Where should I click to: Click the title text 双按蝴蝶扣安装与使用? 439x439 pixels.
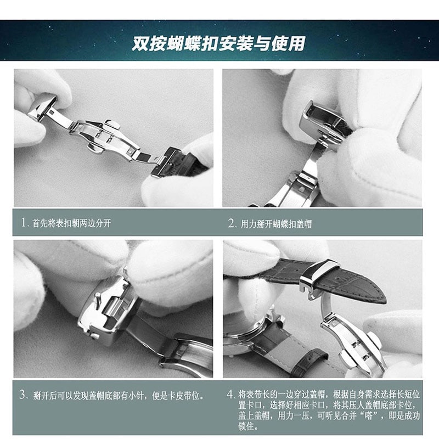tap(218, 43)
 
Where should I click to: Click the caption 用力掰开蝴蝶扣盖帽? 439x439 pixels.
tap(276, 224)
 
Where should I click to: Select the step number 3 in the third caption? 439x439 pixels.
tap(22, 395)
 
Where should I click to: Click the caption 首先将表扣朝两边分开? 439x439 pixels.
tap(72, 223)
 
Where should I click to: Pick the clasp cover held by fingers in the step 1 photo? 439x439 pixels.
tap(43, 108)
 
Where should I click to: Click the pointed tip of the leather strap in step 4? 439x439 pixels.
tap(385, 299)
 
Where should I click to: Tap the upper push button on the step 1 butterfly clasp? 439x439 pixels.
tap(112, 124)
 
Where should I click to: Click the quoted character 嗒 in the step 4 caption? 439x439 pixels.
tap(369, 416)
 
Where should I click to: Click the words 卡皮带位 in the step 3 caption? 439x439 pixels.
tap(183, 395)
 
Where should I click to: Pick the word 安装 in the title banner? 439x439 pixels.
tap(236, 43)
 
